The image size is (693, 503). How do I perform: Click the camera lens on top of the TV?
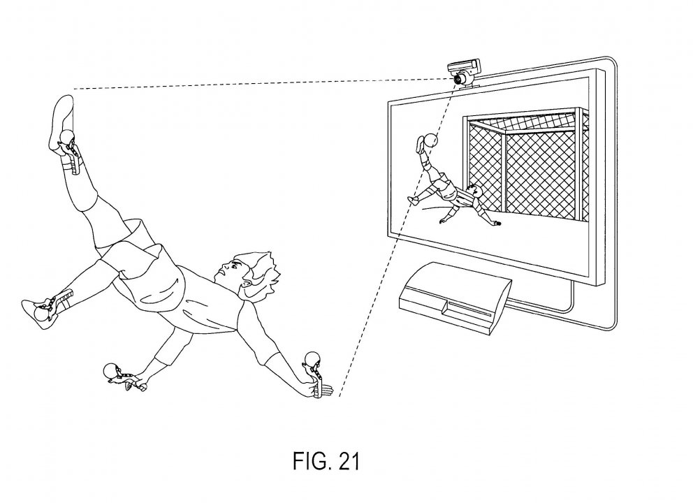pos(459,79)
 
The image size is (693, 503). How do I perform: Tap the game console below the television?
pos(455,298)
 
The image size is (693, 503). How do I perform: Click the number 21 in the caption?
pos(349,461)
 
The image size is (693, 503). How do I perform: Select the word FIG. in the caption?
pos(311,461)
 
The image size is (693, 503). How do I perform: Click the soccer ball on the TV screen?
pos(431,140)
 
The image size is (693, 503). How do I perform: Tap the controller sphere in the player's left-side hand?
pos(110,370)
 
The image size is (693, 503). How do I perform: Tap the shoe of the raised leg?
pos(61,126)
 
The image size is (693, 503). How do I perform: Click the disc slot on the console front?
pos(469,311)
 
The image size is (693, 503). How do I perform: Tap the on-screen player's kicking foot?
pos(419,144)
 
